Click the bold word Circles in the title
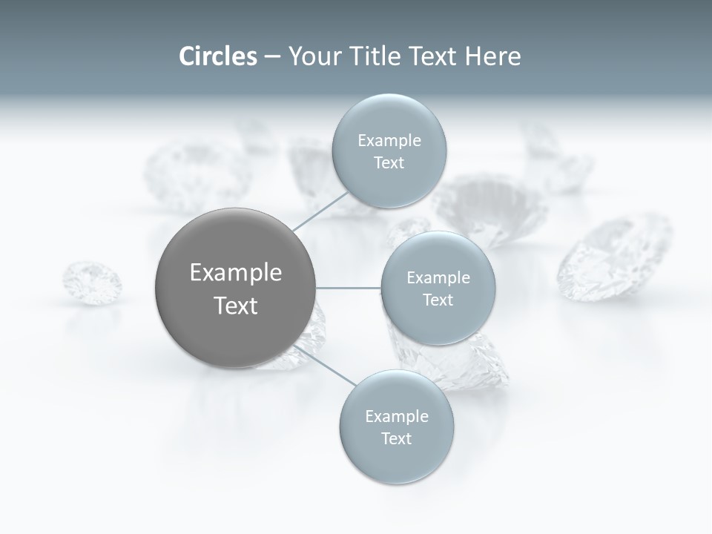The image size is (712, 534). pyautogui.click(x=218, y=56)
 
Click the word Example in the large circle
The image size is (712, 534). pyautogui.click(x=236, y=273)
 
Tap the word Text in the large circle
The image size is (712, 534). pyautogui.click(x=236, y=306)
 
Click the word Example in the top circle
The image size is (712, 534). pyautogui.click(x=389, y=141)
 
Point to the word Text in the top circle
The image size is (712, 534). pyautogui.click(x=389, y=163)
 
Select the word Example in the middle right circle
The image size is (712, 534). pyautogui.click(x=438, y=278)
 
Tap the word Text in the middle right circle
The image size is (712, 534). pyautogui.click(x=438, y=300)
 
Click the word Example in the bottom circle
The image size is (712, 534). pyautogui.click(x=397, y=417)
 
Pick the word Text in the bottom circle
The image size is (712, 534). pyautogui.click(x=397, y=439)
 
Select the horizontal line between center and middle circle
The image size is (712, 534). pyautogui.click(x=349, y=288)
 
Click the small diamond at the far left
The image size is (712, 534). pyautogui.click(x=92, y=282)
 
